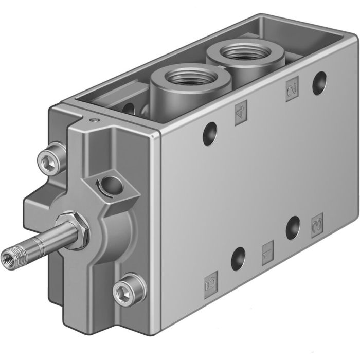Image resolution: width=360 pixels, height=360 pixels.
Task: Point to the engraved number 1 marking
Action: coord(267,253)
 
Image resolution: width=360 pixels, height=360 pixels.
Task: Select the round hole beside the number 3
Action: coord(294,226)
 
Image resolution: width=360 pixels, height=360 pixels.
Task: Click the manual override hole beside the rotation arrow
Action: coord(111,184)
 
